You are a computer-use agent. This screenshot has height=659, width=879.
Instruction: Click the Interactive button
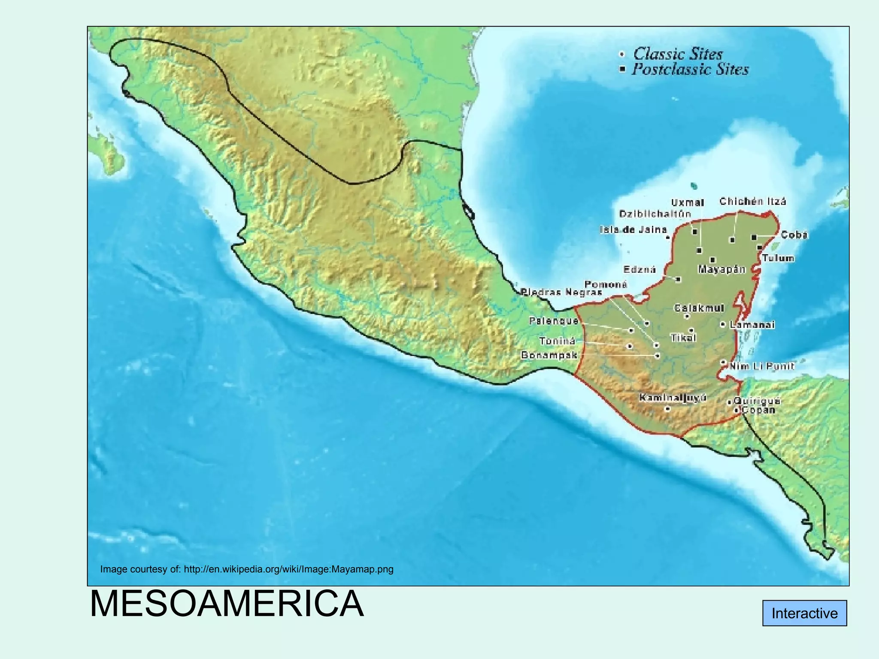click(x=804, y=613)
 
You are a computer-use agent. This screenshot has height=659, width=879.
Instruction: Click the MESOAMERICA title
click(x=227, y=604)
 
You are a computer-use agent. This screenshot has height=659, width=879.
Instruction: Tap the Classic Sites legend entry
click(x=678, y=54)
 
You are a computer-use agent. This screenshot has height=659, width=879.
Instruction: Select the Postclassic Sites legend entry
click(x=690, y=70)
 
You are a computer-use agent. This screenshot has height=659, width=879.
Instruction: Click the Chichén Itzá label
click(x=752, y=201)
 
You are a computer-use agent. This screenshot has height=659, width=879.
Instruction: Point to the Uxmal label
click(x=688, y=203)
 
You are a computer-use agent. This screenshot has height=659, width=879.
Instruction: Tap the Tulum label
click(x=778, y=258)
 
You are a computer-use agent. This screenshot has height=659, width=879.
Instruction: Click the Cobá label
click(x=794, y=235)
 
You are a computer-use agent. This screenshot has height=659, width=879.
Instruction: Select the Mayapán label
click(x=721, y=269)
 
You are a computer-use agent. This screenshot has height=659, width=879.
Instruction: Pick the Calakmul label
click(x=699, y=308)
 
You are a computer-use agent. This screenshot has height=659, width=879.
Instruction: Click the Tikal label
click(x=683, y=338)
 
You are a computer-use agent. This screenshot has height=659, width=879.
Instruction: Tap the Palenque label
click(x=554, y=320)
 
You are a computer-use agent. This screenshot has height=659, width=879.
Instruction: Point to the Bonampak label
click(x=549, y=355)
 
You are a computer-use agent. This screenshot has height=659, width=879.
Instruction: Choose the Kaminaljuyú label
click(x=673, y=398)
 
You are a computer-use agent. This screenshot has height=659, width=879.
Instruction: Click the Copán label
click(x=758, y=410)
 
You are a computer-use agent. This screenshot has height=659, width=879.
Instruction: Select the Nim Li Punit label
click(x=762, y=366)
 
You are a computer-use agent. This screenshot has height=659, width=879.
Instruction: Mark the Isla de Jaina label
click(x=633, y=230)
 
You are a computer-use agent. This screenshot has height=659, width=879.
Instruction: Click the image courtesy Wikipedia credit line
click(x=246, y=569)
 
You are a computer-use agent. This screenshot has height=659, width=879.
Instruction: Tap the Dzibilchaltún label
click(x=655, y=214)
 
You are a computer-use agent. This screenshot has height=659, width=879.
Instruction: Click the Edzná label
click(x=640, y=269)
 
